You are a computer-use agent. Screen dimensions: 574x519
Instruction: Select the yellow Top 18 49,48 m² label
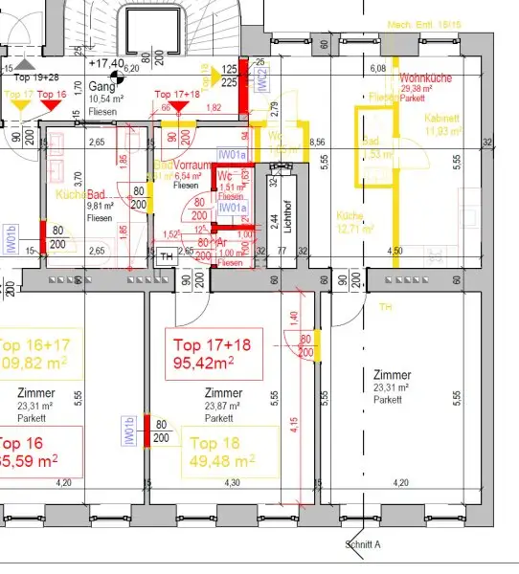pos(230,452)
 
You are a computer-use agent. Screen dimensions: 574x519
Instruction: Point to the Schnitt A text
pos(363,545)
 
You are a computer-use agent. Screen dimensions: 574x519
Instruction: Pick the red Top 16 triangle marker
pos(54,101)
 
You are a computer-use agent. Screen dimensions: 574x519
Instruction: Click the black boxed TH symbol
pos(167,255)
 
